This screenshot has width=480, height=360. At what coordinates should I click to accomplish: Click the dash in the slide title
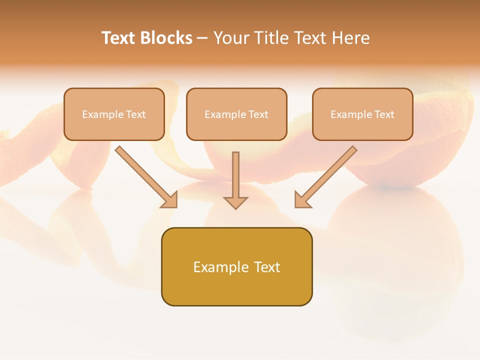202,38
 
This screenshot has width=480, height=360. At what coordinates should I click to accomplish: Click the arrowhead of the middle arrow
235,202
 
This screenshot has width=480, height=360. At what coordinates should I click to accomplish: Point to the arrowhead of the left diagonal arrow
170,200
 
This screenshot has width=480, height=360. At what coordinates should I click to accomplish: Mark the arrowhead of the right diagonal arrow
302,200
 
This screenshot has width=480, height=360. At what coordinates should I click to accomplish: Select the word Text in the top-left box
136,114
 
